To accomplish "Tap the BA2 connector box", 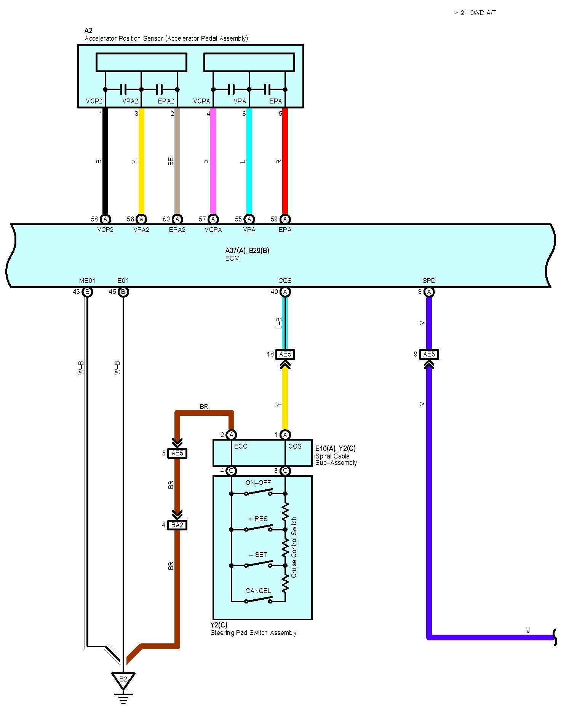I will point(177,525).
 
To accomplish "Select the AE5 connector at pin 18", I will point(285,354).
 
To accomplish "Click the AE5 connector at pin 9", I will point(429,354).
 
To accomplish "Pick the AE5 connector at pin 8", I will point(177,453).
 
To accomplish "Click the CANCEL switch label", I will point(258,591).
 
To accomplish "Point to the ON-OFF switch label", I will point(258,483).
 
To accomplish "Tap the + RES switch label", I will point(258,519).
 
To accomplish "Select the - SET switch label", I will point(258,555).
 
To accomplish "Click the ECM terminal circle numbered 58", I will point(105,219).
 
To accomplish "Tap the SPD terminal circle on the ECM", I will point(429,292).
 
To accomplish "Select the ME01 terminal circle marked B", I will point(87,292).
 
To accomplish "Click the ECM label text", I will point(232,258).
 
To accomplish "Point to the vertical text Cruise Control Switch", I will point(294,547).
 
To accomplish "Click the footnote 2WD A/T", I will point(476,13).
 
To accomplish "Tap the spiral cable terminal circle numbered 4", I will point(231,471).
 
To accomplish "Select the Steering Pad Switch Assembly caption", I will point(253,633).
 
